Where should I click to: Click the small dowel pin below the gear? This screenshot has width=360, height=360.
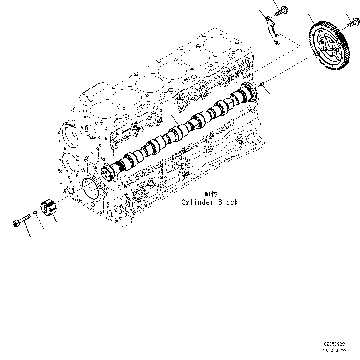pos(262,83)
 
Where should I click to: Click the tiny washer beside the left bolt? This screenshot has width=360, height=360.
pos(36,213)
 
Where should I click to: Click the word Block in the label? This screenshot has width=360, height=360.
pos(228,202)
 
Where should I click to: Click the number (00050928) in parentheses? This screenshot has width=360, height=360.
pos(334,350)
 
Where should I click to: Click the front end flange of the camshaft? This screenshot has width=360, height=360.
pos(108,174)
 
